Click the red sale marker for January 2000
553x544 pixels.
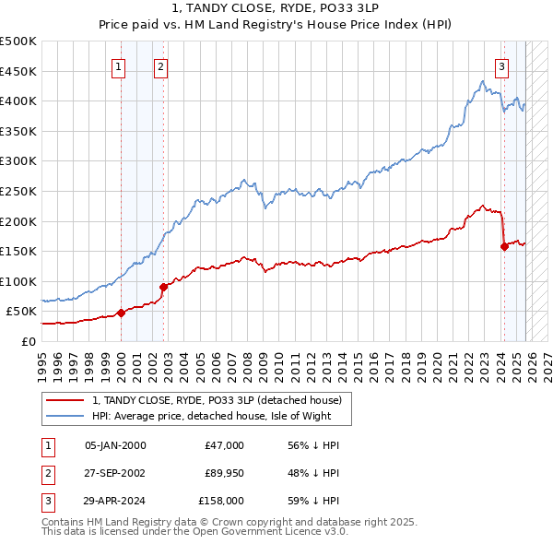point(121,313)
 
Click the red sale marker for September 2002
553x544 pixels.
point(163,287)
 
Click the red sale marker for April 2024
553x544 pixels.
point(504,246)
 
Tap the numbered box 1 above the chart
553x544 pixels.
point(120,65)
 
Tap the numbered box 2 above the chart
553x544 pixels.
point(160,65)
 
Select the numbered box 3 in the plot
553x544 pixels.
point(501,65)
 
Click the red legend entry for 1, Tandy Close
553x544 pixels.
point(217,400)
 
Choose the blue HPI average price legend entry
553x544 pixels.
point(216,416)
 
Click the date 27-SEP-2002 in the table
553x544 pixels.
point(115,473)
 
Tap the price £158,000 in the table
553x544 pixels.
point(221,501)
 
